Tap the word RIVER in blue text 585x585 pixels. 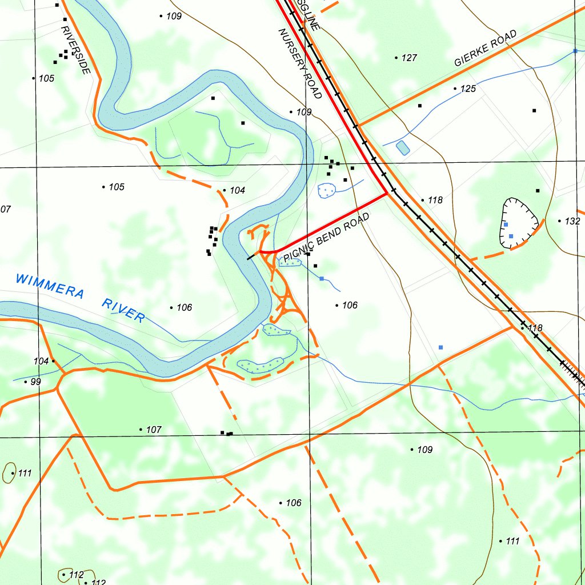pyautogui.click(x=123, y=310)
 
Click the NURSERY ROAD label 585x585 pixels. pyautogui.click(x=300, y=63)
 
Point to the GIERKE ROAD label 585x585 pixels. pyautogui.click(x=485, y=49)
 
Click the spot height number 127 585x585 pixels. pyautogui.click(x=409, y=58)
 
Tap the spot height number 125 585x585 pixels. pyautogui.click(x=468, y=89)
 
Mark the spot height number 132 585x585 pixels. pyautogui.click(x=572, y=221)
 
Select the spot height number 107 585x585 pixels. pyautogui.click(x=154, y=430)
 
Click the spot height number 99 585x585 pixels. pyautogui.click(x=35, y=382)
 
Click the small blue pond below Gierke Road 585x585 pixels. pyautogui.click(x=402, y=147)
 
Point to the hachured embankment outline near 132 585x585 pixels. pyautogui.click(x=519, y=223)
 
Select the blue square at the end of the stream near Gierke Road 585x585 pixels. pyautogui.click(x=575, y=51)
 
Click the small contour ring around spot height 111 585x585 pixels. pyautogui.click(x=10, y=473)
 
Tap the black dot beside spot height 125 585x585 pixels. pyautogui.click(x=455, y=89)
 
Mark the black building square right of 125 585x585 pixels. pyautogui.click(x=534, y=110)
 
